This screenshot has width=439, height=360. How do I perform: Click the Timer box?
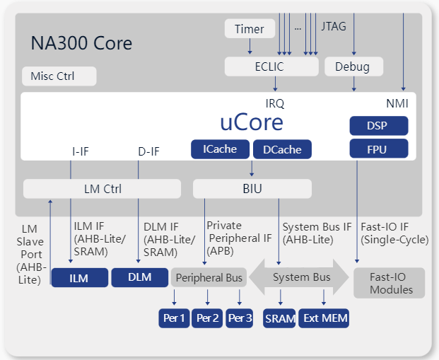pos(249,29)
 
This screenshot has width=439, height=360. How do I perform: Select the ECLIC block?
pos(271,67)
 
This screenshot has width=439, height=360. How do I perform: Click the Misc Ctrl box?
pos(58,76)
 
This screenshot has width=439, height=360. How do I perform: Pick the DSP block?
pos(378,126)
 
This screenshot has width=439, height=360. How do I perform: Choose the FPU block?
pos(378,149)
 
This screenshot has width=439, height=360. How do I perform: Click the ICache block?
pos(220,149)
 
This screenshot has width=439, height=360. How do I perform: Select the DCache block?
pos(282,149)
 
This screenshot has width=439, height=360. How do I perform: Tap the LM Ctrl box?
pos(103,189)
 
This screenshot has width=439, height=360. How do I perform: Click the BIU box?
pos(252,189)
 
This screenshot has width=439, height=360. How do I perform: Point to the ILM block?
pos(79,278)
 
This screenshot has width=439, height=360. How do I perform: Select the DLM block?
pos(139,277)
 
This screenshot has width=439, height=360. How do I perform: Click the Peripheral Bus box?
pos(209,278)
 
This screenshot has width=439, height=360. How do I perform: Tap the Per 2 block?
pos(208,318)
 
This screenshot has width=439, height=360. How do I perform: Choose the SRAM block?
pos(280,318)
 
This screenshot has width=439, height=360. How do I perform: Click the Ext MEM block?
pos(324,318)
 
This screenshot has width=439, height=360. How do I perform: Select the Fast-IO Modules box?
pos(390,283)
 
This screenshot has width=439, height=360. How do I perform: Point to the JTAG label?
pos(334,28)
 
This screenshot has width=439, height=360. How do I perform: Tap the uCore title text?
pos(252,122)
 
